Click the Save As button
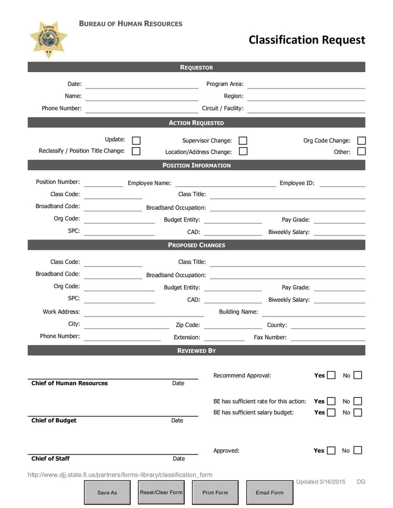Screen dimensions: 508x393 click(x=107, y=492)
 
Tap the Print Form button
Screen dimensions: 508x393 click(x=215, y=492)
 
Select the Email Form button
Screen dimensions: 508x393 click(x=269, y=492)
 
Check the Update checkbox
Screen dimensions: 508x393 click(x=136, y=140)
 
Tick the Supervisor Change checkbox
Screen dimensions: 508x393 click(x=243, y=140)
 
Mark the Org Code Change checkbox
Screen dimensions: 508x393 click(x=361, y=140)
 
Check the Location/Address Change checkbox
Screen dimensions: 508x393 click(x=243, y=151)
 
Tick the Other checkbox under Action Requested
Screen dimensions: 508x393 click(x=361, y=151)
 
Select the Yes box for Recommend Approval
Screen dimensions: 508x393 click(x=331, y=375)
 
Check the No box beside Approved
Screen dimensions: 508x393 click(x=358, y=450)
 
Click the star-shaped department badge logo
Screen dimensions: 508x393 click(x=48, y=39)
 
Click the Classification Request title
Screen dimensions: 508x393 click(x=307, y=40)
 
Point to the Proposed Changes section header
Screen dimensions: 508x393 click(x=196, y=244)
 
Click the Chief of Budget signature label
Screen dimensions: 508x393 click(x=54, y=420)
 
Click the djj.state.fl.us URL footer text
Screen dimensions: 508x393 click(x=120, y=475)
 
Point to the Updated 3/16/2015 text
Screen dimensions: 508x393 click(x=321, y=481)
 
